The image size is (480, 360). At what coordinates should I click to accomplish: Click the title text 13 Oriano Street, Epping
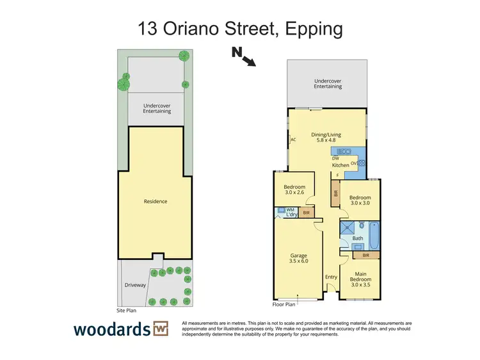[x=240, y=29]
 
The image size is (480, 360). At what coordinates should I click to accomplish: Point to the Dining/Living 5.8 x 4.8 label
[x=326, y=138]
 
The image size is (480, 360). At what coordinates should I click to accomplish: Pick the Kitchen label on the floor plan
[x=340, y=165]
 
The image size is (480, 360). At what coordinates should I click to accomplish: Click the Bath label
[x=358, y=238]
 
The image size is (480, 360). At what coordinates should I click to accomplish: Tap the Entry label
[x=331, y=277]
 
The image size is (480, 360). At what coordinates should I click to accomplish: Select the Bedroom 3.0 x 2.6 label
[x=295, y=190]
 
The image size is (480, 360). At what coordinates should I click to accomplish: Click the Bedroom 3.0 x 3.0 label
[x=360, y=201]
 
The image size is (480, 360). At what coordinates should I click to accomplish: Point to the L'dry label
[x=289, y=214]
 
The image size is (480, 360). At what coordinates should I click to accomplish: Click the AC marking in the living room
[x=293, y=139]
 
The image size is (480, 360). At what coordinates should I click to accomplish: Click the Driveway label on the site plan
[x=135, y=285]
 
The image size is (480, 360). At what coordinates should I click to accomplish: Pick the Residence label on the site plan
[x=156, y=201]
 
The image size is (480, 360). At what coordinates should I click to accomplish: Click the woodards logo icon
[x=160, y=330]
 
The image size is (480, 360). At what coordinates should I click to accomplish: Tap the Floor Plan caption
[x=281, y=305]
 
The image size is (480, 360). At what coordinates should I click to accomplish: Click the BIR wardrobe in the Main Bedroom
[x=365, y=255]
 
